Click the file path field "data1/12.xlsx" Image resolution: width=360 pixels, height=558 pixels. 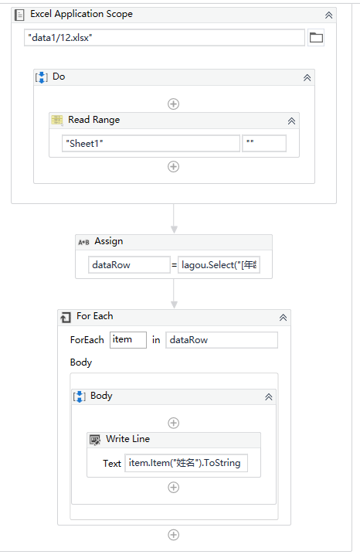point(164,38)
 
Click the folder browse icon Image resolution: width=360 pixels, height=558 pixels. point(316,38)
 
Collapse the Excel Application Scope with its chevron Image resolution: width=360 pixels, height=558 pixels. point(329,15)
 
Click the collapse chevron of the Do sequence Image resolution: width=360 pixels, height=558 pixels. point(307,77)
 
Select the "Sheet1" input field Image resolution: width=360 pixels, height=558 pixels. point(151,143)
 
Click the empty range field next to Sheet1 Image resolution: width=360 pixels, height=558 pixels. point(264,143)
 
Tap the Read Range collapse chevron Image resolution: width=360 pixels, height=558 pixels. point(291,121)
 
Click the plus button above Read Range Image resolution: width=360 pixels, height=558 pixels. point(174,104)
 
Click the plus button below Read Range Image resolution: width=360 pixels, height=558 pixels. point(174,166)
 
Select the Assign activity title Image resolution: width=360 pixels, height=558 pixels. point(108,241)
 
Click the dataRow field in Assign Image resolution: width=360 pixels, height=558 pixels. point(129,265)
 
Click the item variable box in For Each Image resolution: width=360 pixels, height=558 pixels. point(127,340)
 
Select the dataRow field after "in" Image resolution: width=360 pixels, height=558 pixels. point(221,340)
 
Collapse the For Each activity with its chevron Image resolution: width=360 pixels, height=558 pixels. point(284,317)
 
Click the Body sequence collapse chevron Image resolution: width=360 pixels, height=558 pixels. point(269,396)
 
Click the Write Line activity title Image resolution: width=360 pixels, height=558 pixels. point(127,439)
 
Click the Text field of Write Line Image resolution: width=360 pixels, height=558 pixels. point(186,464)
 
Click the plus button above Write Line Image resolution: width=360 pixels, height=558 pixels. point(174,423)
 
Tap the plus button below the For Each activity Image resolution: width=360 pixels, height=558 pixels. point(174,535)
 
